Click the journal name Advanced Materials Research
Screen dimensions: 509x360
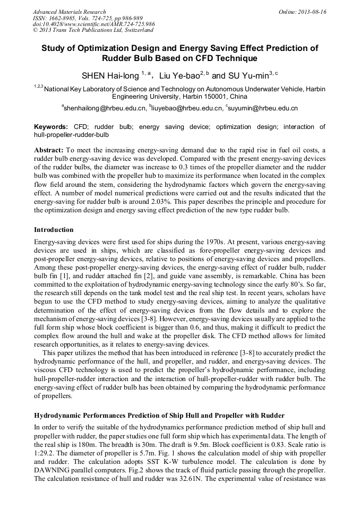click(69, 12)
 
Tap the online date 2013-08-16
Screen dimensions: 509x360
click(313, 12)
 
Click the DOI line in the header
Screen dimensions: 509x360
click(94, 24)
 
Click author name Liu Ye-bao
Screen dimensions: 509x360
click(178, 75)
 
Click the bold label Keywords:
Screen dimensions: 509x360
click(51, 127)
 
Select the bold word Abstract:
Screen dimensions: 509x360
click(49, 150)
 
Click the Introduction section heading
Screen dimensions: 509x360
click(54, 230)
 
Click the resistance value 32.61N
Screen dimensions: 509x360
click(193, 493)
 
